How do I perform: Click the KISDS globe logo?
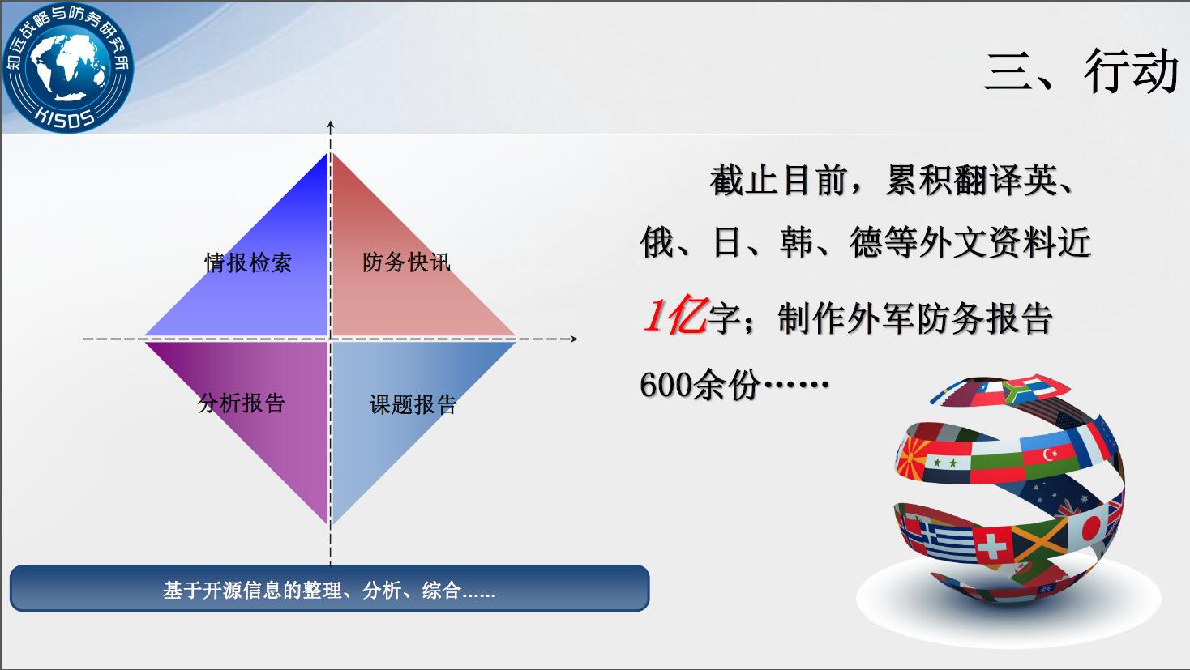67,68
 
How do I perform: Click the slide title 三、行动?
1081,70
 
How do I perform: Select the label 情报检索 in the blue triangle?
248,262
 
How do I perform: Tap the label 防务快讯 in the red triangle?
406,262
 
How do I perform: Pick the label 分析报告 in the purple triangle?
242,403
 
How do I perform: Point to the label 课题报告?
413,404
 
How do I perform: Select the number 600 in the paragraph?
666,384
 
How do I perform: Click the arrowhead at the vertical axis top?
331,126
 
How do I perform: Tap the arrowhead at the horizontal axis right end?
574,339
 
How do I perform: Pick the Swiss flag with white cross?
992,544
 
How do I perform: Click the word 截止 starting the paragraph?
744,181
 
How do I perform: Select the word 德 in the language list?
867,242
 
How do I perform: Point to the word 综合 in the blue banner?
442,591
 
